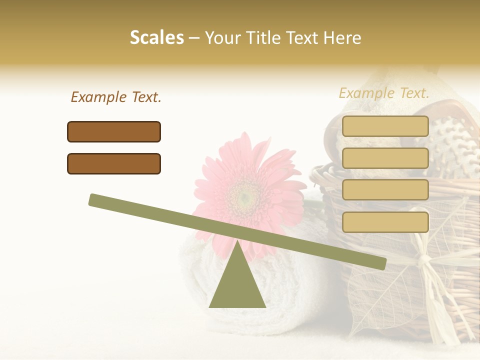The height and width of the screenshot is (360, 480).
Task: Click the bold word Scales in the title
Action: (x=157, y=37)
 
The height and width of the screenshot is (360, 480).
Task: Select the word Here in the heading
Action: (x=343, y=38)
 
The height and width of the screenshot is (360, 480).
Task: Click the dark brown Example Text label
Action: (x=116, y=97)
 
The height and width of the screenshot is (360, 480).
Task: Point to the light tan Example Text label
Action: (x=384, y=93)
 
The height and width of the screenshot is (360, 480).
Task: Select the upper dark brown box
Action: (x=114, y=131)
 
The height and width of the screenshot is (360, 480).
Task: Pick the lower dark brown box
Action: (x=114, y=163)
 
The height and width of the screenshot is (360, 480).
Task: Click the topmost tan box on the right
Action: (x=385, y=126)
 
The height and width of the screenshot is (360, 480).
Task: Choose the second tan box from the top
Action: (x=385, y=158)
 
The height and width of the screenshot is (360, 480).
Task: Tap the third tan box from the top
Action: (x=385, y=190)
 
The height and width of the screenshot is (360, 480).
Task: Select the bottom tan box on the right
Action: (x=385, y=222)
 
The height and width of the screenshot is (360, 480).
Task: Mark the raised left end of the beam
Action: (x=95, y=200)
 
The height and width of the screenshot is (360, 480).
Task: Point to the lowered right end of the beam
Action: (x=380, y=263)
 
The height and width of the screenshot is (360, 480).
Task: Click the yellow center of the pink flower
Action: (x=244, y=198)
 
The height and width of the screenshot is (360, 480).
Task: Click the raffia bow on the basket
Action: (x=425, y=260)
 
